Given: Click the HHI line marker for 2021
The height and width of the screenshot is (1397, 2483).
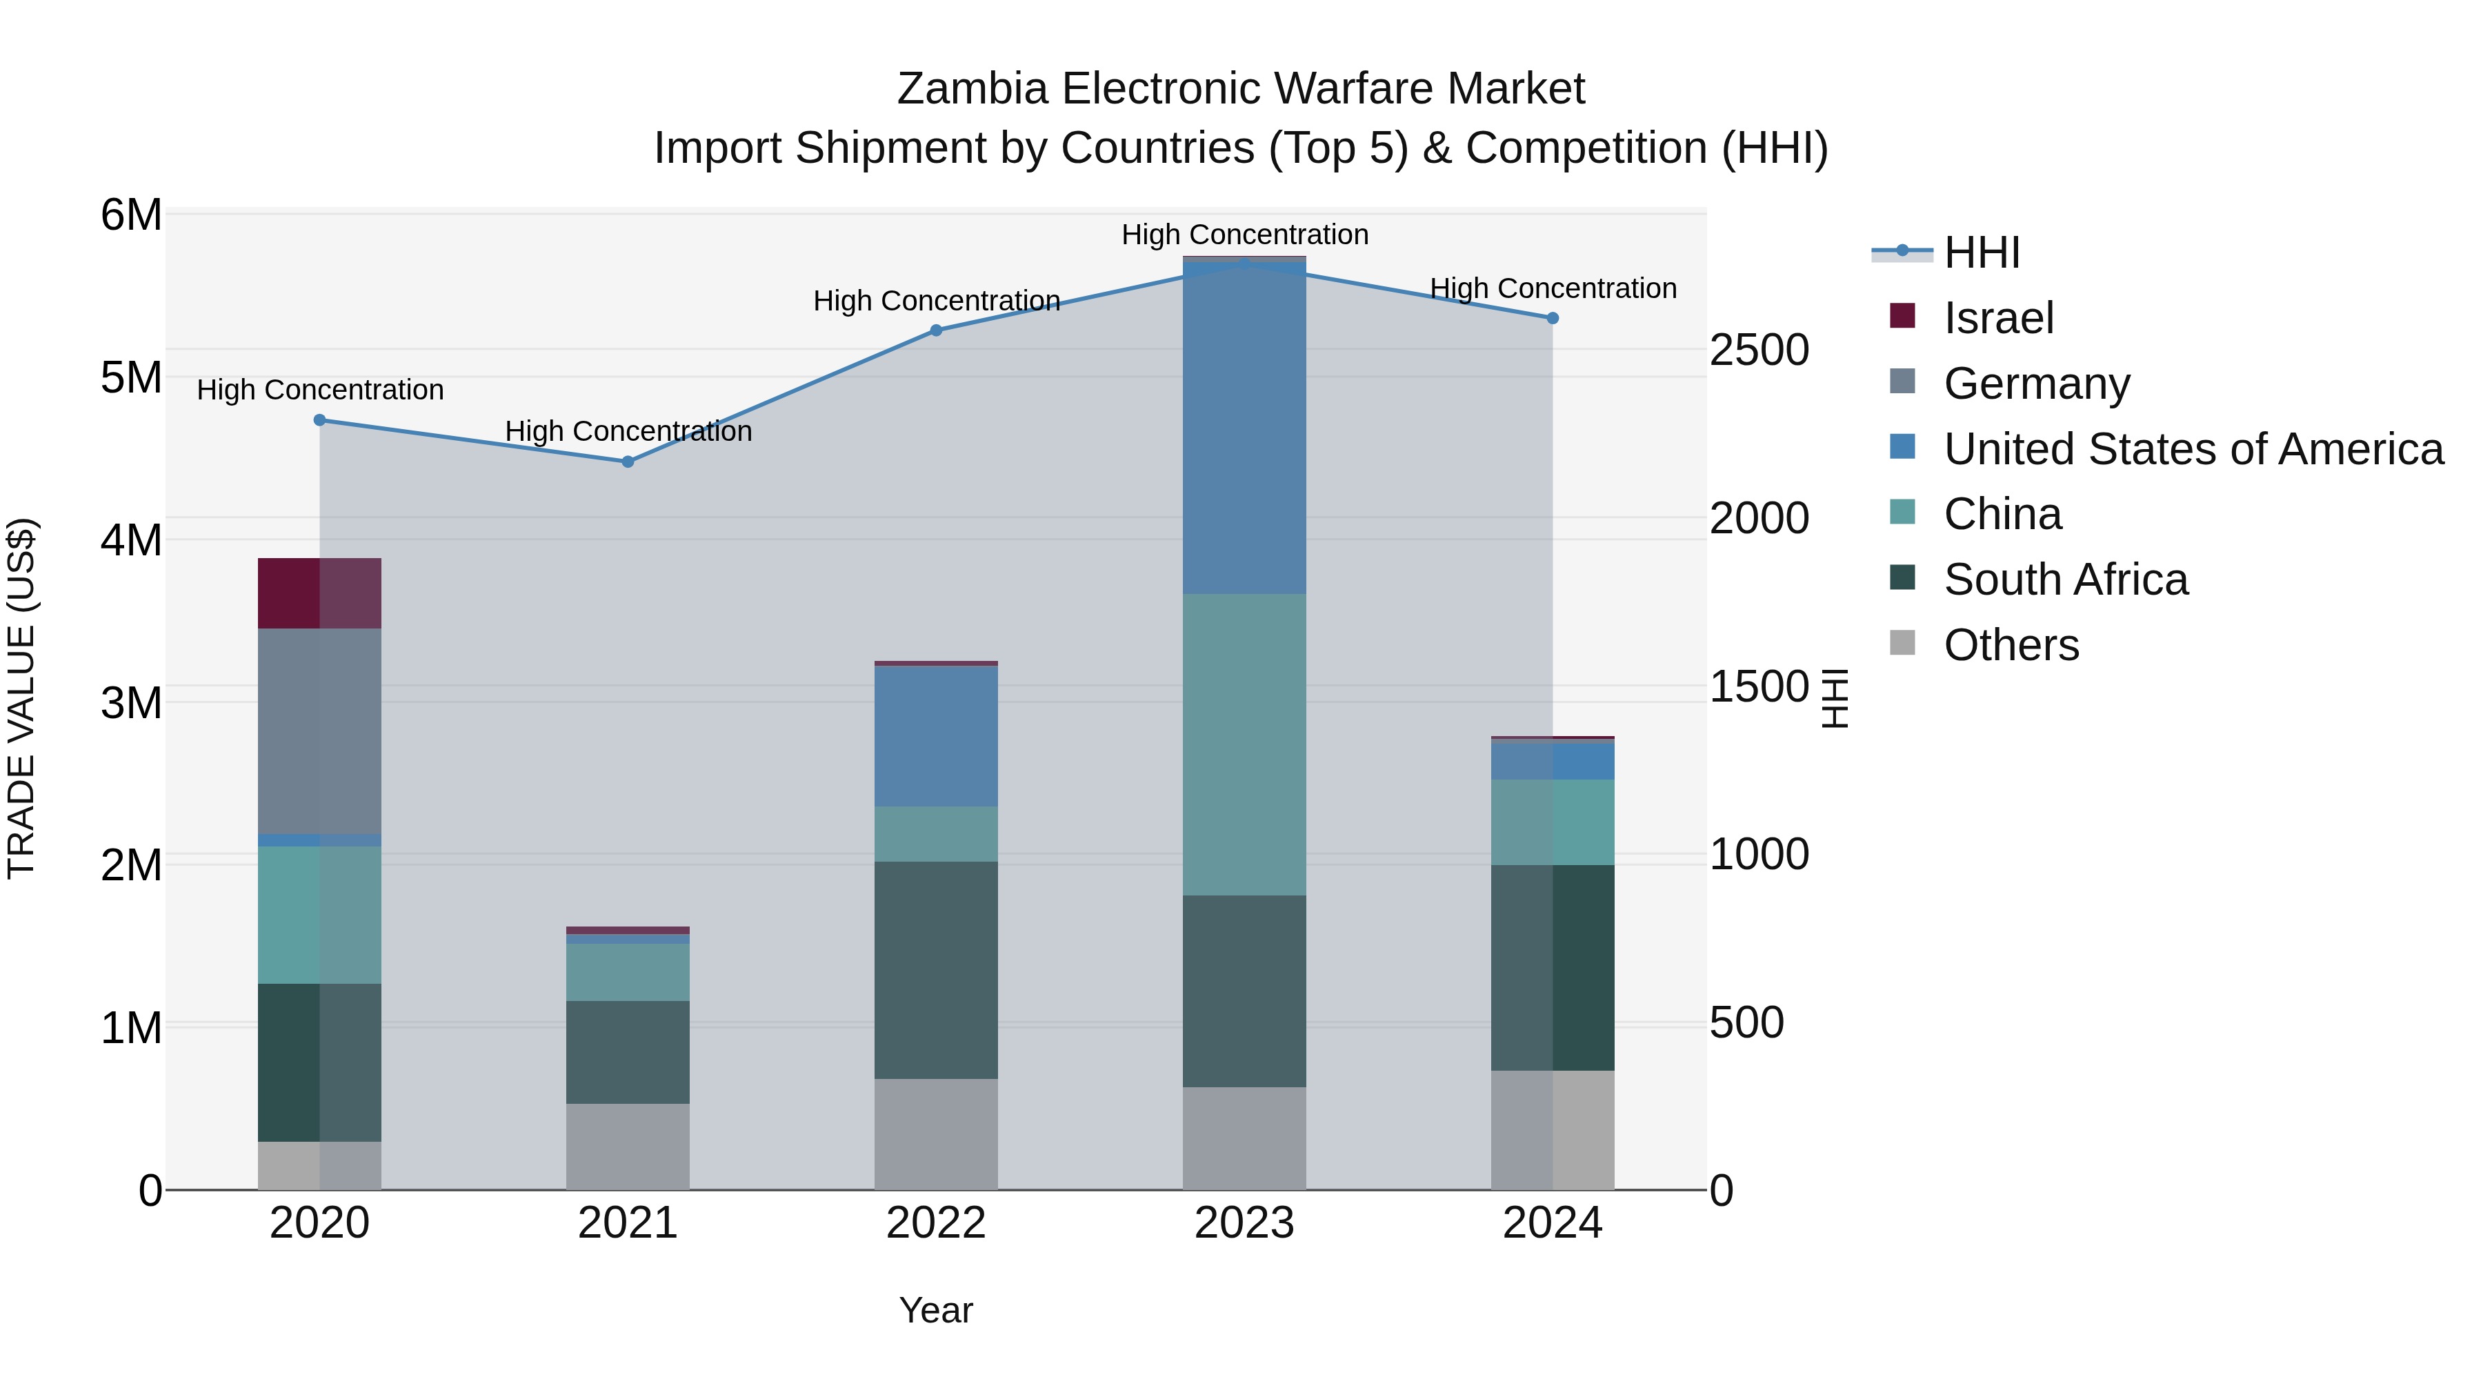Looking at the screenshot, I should [x=628, y=462].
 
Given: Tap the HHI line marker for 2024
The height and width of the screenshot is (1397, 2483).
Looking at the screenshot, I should [x=1552, y=318].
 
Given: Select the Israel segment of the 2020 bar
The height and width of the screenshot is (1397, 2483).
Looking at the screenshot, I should [x=319, y=593].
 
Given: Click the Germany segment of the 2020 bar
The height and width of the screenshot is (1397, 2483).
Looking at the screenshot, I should [x=319, y=731].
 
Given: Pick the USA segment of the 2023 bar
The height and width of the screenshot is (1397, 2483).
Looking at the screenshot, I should [x=1244, y=429].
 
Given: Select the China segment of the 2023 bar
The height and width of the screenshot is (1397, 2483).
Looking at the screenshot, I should [x=1244, y=744].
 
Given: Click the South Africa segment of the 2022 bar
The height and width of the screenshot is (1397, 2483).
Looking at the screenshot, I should [x=935, y=970].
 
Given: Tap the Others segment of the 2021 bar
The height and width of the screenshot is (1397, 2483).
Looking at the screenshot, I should [x=628, y=1147].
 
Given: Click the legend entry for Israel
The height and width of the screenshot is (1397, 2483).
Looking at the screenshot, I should [x=1998, y=318].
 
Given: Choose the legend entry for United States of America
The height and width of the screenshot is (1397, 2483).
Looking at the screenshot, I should [x=2193, y=449].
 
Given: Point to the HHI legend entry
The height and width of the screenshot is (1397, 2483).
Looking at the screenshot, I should [x=1981, y=252].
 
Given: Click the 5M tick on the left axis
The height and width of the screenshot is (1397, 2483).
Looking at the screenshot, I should [x=131, y=378].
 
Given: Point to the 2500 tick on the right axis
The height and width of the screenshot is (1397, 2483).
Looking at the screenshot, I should [x=1758, y=350].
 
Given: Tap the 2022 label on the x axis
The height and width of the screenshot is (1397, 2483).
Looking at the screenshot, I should [x=935, y=1223].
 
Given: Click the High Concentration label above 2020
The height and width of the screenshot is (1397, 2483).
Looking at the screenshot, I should [x=320, y=390].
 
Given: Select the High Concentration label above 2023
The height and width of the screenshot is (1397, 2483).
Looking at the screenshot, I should [x=1244, y=235].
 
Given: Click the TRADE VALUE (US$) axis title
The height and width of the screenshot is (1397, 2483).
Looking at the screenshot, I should [x=21, y=698].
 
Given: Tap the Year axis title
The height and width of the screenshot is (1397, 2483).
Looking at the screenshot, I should [x=935, y=1310].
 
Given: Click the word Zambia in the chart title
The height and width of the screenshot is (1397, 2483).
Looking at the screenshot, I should [x=972, y=89].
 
